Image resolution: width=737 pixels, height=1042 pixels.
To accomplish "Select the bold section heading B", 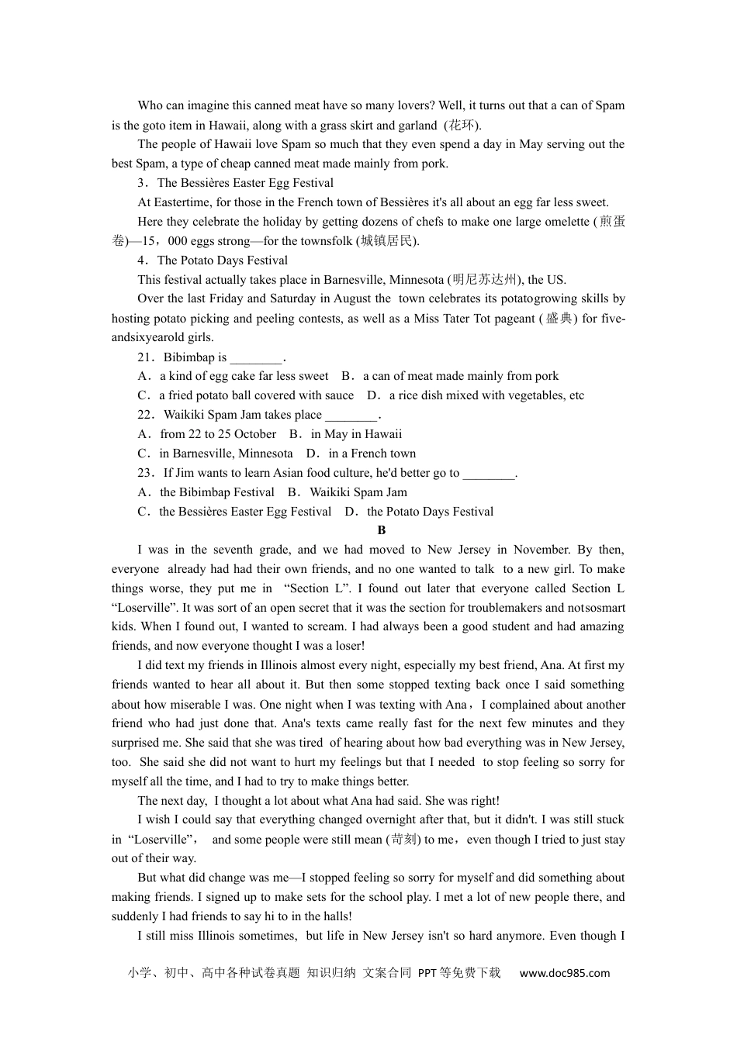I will (381, 530).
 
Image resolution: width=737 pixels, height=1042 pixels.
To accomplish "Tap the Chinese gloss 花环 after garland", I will (462, 126).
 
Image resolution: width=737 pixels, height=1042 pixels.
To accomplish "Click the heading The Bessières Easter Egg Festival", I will (245, 183).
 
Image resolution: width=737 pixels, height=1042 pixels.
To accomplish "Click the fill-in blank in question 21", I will (257, 357).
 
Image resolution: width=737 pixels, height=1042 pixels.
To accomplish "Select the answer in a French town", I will (362, 454).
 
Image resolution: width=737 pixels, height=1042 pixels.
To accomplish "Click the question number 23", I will (146, 473).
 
